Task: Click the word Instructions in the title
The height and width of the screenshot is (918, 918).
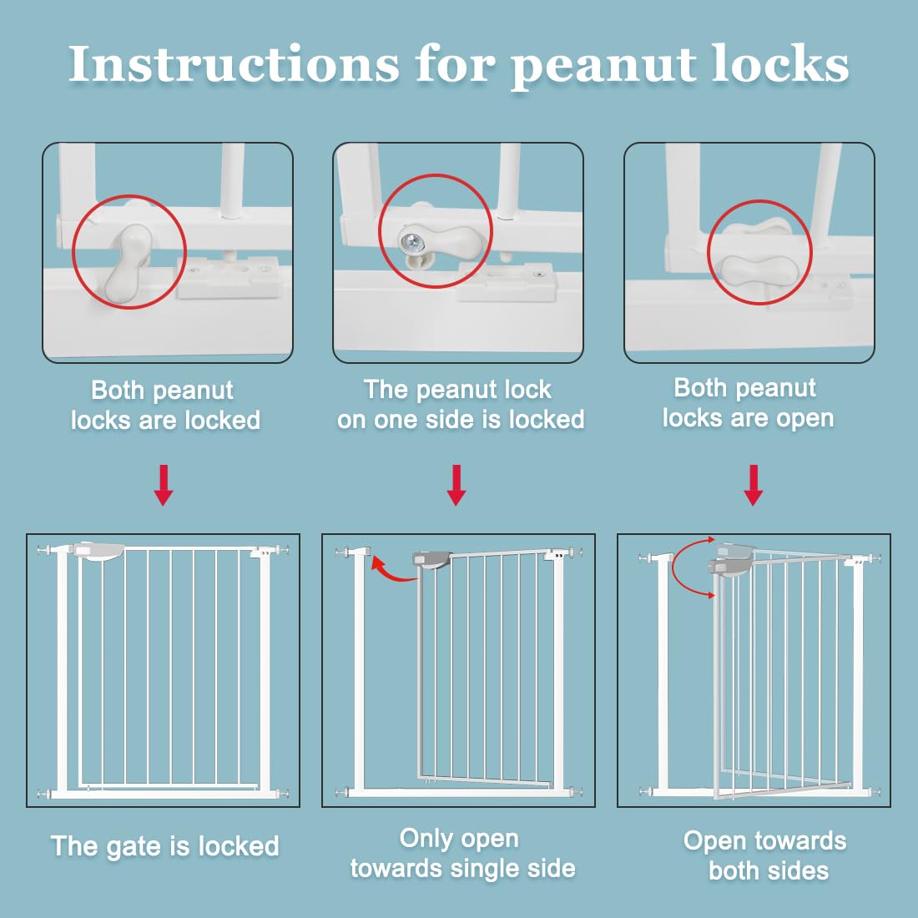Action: coord(235,64)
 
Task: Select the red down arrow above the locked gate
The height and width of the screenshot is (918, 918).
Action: coord(164,485)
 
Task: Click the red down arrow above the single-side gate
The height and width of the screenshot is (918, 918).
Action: coord(456,485)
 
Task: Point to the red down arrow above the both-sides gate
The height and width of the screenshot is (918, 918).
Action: coord(753,485)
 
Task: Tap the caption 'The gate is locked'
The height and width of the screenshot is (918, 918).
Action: coord(165,846)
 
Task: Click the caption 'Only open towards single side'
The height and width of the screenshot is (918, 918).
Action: coord(462,853)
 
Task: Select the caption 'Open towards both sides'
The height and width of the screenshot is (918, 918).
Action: coord(766,855)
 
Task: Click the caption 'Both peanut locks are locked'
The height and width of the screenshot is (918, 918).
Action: coord(164,405)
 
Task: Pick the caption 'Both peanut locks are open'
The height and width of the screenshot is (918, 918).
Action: coord(748,402)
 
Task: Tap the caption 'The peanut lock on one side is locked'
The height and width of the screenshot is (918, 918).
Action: coord(460,404)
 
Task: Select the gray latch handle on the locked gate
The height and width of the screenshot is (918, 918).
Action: coord(99,552)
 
